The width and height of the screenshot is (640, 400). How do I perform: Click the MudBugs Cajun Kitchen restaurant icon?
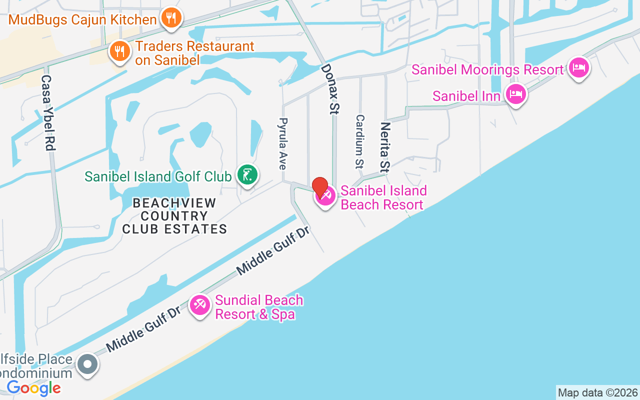click(x=171, y=18)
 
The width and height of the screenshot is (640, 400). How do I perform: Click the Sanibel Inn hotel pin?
click(x=516, y=93)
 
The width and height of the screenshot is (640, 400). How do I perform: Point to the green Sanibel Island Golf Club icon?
click(x=247, y=174)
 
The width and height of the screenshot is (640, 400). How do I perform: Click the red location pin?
click(x=320, y=187)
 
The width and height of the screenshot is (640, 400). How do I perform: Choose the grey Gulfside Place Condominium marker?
click(x=88, y=364)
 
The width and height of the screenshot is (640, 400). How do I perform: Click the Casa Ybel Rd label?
click(x=47, y=113)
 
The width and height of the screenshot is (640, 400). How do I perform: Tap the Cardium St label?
click(x=360, y=141)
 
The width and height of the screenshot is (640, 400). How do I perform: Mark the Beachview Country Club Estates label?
click(x=174, y=216)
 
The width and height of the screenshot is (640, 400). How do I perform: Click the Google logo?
click(x=34, y=388)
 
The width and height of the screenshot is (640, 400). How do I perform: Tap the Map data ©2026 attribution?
click(x=597, y=392)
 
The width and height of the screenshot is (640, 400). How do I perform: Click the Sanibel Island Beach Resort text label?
click(x=383, y=197)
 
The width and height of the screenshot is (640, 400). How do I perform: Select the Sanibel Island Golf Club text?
click(x=158, y=176)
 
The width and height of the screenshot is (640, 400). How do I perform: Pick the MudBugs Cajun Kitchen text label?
click(x=82, y=20)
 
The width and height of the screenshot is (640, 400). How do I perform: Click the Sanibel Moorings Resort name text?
click(x=487, y=69)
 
